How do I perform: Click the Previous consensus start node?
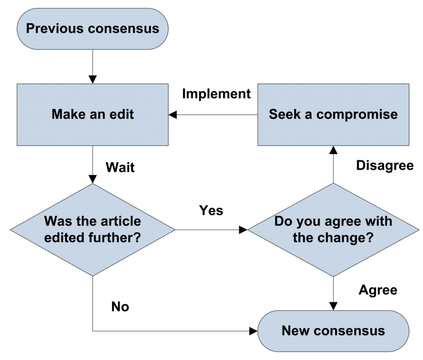(x=93, y=28)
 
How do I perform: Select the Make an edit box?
(x=93, y=114)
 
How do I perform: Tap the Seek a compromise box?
(x=333, y=114)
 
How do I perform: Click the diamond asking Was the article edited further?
(x=93, y=230)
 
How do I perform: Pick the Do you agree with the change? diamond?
(x=333, y=230)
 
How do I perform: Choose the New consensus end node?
(x=333, y=330)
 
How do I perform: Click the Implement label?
(x=216, y=94)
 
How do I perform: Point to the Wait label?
(x=120, y=168)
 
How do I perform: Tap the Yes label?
(x=211, y=210)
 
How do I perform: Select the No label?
(x=120, y=307)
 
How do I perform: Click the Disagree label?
(x=385, y=166)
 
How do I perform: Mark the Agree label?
(x=378, y=290)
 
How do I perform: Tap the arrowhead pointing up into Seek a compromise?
(x=333, y=150)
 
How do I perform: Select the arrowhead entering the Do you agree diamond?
(x=243, y=230)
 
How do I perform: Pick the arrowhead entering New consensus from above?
(x=333, y=306)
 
